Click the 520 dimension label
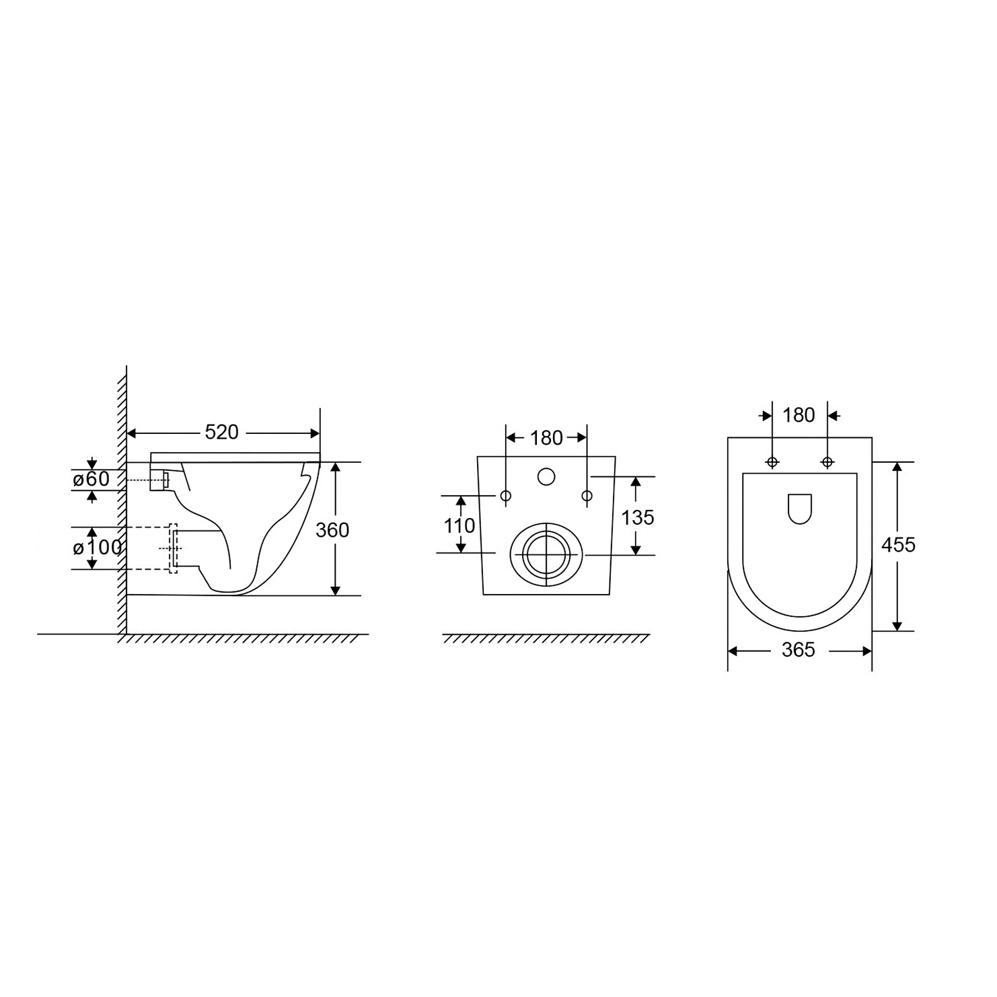(221, 432)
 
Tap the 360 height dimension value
(332, 530)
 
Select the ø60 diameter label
(91, 480)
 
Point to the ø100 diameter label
(98, 548)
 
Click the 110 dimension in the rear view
(459, 525)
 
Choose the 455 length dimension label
(899, 544)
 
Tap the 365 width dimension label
(799, 650)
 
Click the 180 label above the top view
(799, 415)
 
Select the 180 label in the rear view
(546, 438)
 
